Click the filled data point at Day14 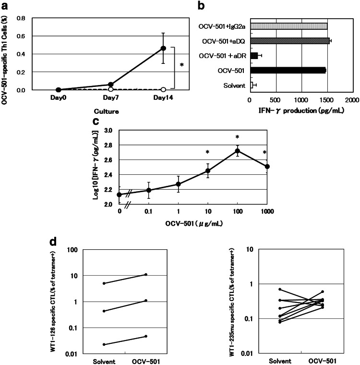coord(163,48)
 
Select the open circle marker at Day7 coord(111,89)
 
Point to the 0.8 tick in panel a coord(20,19)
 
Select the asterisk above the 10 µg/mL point coord(207,153)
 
